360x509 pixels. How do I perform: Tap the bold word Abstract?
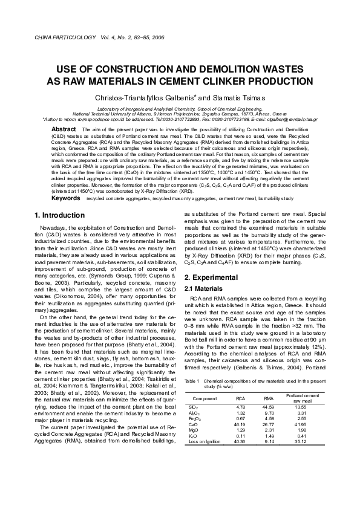click(x=63, y=129)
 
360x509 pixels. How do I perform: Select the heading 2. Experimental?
click(x=213, y=277)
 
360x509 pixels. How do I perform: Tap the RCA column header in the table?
click(x=240, y=416)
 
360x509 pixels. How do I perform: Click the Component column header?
click(x=205, y=416)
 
